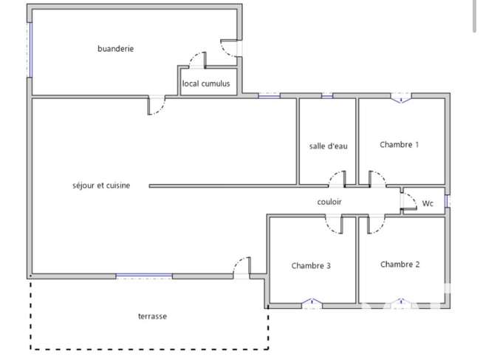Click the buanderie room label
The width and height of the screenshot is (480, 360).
[115, 49]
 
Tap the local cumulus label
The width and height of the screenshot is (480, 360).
[206, 84]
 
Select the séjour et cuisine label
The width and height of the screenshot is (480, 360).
[101, 186]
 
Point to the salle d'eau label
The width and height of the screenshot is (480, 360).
[328, 146]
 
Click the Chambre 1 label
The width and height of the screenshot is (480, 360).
[400, 145]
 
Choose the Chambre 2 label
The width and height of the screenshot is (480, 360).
[400, 264]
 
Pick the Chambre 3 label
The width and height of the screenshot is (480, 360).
[311, 265]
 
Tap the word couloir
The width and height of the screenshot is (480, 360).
[329, 202]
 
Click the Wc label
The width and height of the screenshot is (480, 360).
[428, 203]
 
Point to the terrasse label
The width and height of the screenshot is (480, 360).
[152, 316]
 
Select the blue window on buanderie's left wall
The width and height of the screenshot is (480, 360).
[30, 50]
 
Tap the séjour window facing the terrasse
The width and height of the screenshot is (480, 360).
[144, 276]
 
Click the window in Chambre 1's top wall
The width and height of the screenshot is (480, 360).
[401, 98]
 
